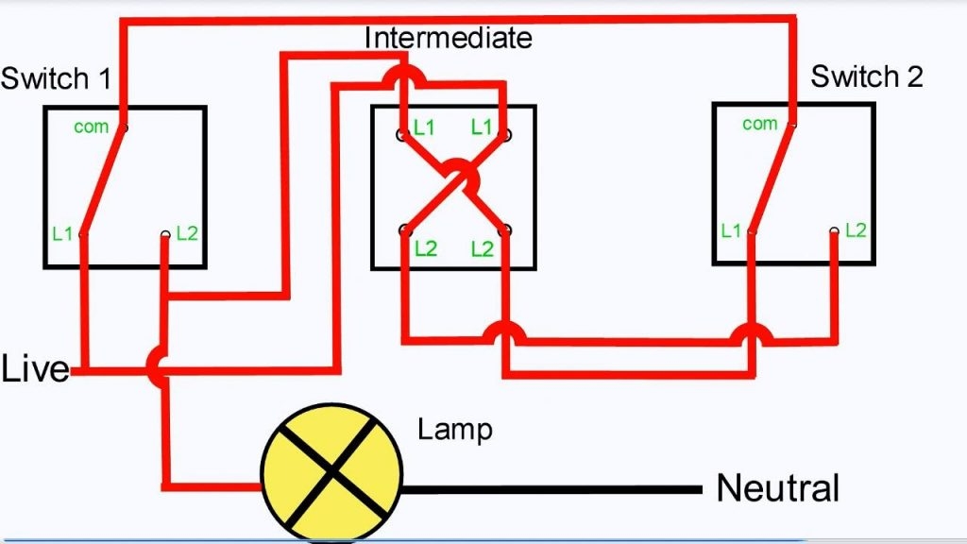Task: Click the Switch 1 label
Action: [56, 78]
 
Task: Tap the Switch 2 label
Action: [867, 76]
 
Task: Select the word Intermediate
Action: [448, 38]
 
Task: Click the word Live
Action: [36, 369]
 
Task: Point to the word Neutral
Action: [777, 488]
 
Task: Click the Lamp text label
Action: [454, 431]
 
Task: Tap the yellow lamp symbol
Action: [331, 467]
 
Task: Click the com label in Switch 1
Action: [91, 127]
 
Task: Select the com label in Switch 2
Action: [759, 124]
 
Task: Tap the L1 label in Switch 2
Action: [730, 230]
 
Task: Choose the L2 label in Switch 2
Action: [856, 229]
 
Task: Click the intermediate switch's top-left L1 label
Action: [424, 127]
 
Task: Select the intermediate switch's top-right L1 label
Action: [482, 127]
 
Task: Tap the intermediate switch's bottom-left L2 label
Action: [426, 249]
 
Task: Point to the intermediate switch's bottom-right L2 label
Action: [482, 249]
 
